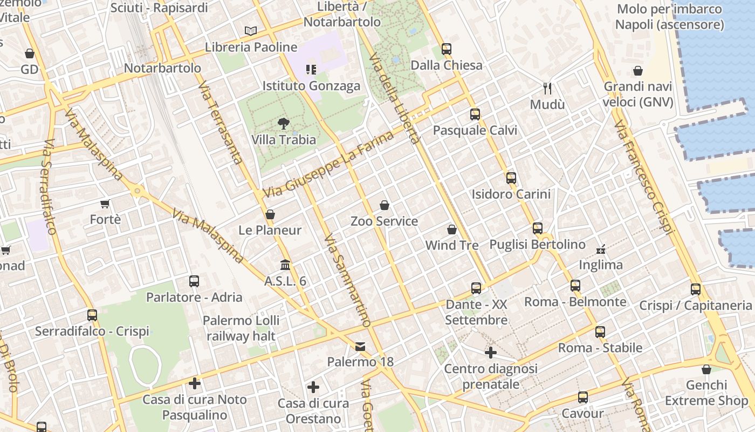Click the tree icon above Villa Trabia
point(283,124)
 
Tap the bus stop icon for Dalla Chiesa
point(446,49)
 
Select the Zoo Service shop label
point(384,221)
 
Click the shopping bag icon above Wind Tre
point(452,230)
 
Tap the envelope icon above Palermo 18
point(360,346)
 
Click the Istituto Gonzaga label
point(311,86)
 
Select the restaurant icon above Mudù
point(547,88)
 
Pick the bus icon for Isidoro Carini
point(511,178)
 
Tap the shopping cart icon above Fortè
point(105,204)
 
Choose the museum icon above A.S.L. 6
point(285,265)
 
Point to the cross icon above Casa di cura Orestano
point(313,387)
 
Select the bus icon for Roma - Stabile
point(600,332)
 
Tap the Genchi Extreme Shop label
point(706,393)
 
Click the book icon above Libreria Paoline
point(251,31)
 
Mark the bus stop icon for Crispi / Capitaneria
point(696,289)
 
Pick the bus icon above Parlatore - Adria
point(194,281)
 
